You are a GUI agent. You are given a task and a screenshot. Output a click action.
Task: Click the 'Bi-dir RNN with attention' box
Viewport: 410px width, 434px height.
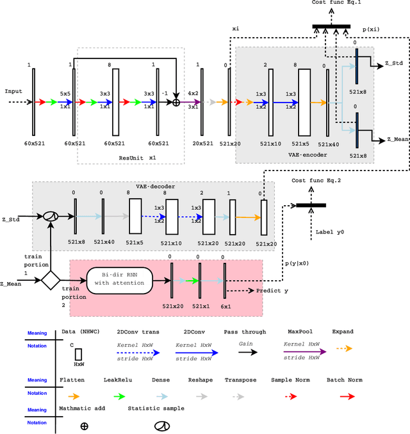(x=119, y=281)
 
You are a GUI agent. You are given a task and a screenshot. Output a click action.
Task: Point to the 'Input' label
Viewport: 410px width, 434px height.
(x=13, y=92)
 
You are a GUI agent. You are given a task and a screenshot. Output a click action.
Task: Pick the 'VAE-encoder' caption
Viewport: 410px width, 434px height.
(x=307, y=154)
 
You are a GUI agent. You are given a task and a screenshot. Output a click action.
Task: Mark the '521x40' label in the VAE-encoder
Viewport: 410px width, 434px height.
(x=327, y=144)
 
